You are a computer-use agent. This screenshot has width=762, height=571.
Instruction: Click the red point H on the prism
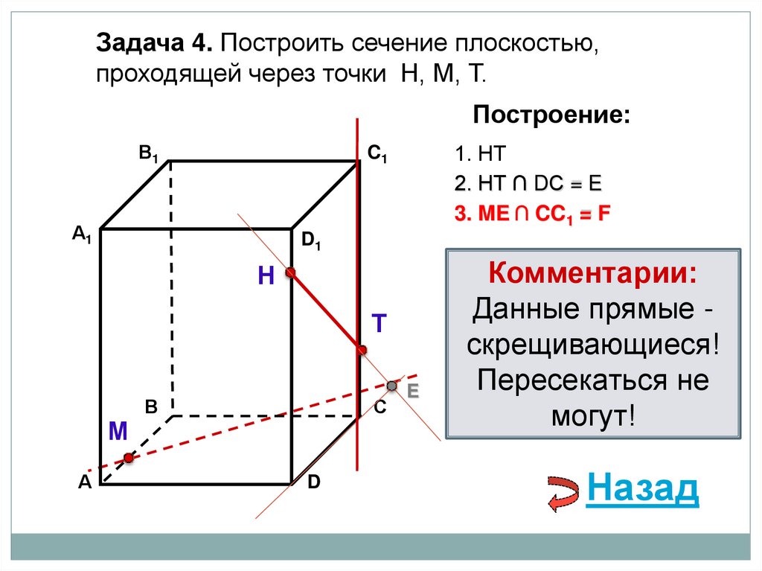click(x=290, y=273)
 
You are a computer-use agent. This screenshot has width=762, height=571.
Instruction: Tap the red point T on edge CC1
click(x=362, y=350)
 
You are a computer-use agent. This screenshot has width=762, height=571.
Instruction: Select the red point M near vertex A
click(x=129, y=458)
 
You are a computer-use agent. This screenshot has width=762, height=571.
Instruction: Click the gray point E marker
click(x=392, y=385)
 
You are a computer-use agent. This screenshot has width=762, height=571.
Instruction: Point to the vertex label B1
click(x=148, y=154)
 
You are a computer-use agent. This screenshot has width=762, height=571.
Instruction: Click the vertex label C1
click(x=377, y=154)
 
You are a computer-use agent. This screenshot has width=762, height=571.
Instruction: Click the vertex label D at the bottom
click(x=314, y=482)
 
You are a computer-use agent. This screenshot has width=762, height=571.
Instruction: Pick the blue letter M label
click(x=118, y=431)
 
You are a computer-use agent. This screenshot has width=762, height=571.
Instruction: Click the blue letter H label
click(x=266, y=277)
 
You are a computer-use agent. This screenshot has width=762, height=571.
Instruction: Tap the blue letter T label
click(x=379, y=322)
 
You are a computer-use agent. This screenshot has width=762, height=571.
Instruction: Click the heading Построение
click(x=551, y=115)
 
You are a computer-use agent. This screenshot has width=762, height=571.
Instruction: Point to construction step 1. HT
click(x=481, y=155)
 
